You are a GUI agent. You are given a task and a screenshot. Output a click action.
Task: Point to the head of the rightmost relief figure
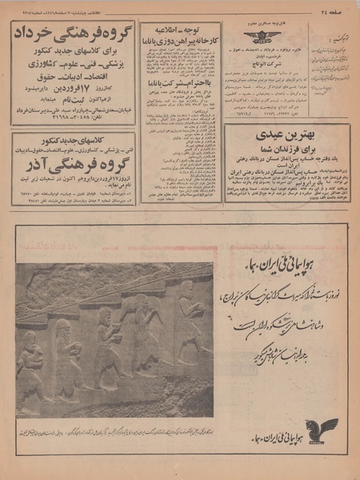tap(186, 290)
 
